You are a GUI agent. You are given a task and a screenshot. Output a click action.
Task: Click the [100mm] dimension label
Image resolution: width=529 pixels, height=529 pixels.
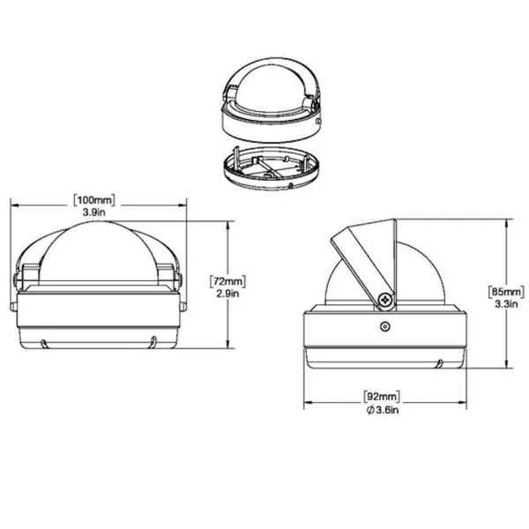pos(94,200)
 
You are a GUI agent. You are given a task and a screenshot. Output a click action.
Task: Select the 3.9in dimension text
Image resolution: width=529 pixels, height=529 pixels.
pos(94,212)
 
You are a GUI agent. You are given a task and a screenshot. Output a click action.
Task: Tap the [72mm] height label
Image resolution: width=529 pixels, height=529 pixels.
pos(227,281)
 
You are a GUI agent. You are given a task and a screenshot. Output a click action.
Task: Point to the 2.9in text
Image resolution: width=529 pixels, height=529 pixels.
pos(227,294)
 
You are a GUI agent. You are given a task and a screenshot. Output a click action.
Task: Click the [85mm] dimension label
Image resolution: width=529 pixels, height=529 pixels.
pos(506,292)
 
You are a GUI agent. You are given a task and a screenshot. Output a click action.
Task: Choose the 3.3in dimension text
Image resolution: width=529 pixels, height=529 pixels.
pos(506,304)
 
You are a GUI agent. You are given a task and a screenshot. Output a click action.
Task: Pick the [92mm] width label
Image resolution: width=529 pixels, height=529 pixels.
pos(382,397)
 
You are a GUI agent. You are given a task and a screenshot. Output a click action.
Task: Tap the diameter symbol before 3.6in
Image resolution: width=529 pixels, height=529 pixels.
pos(370,410)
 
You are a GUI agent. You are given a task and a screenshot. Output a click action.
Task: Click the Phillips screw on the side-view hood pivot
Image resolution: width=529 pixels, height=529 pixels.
pos(385,300)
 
